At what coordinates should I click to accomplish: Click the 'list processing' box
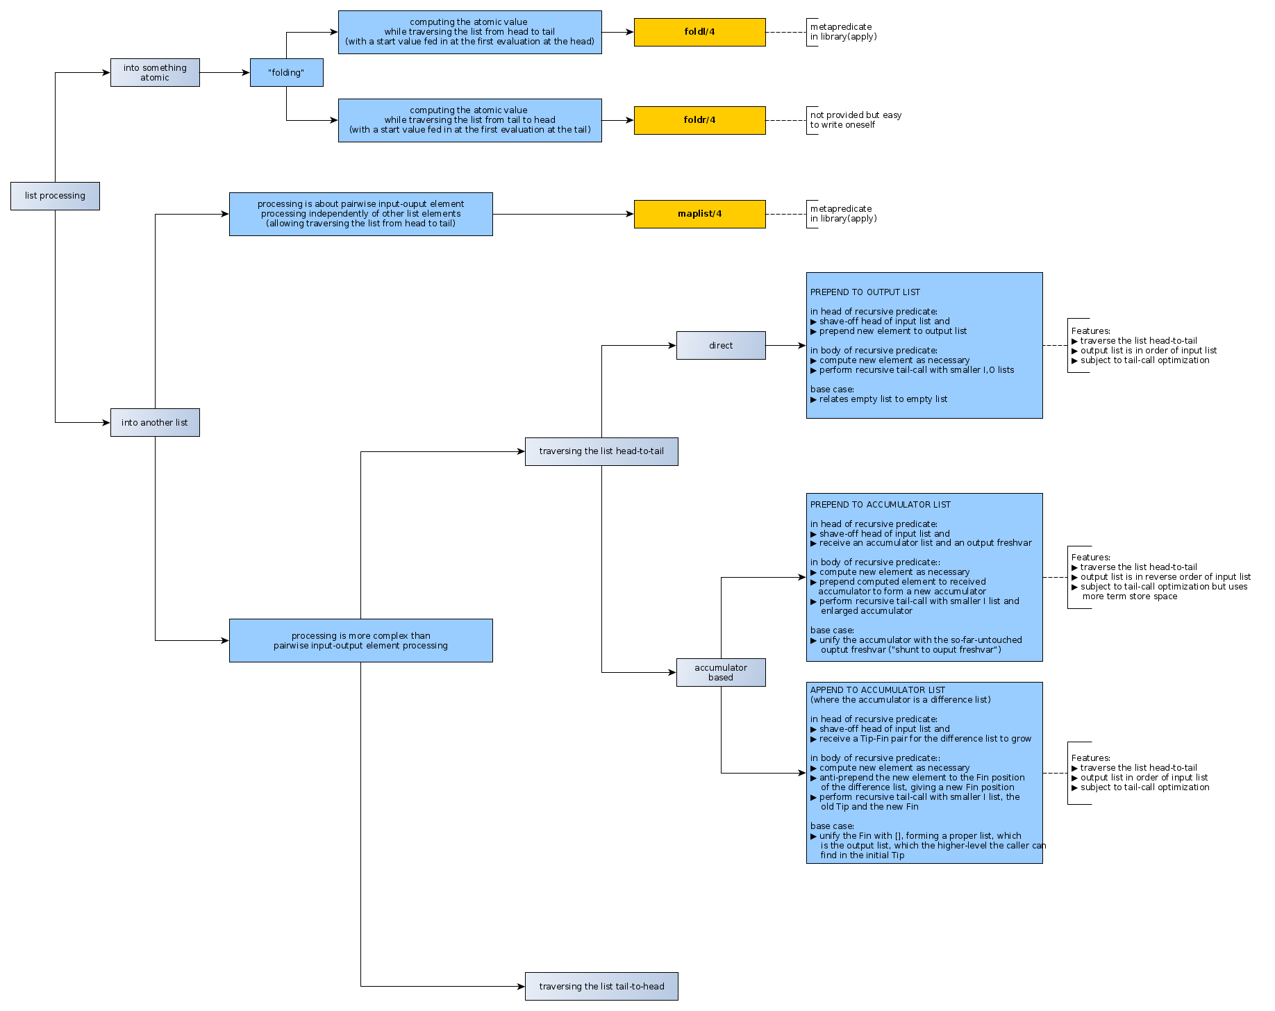click(x=55, y=196)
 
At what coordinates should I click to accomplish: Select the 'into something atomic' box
click(x=155, y=72)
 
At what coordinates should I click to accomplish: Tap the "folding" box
click(x=286, y=72)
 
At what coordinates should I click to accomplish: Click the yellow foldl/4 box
click(x=699, y=32)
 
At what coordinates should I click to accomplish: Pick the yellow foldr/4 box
click(x=699, y=120)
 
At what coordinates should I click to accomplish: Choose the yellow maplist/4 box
click(x=699, y=214)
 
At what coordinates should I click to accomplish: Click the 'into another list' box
click(x=155, y=422)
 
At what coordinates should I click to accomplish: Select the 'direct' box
click(x=721, y=345)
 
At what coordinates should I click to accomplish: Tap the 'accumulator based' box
click(x=721, y=672)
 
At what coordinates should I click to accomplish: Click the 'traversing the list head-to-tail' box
click(x=601, y=451)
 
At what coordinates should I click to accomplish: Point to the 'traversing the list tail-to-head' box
click(x=601, y=986)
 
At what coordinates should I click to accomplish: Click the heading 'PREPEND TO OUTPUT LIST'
click(x=865, y=292)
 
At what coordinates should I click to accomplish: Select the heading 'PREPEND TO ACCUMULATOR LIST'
click(x=880, y=505)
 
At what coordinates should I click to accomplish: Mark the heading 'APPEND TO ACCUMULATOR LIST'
click(x=877, y=690)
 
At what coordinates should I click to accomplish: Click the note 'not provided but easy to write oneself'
click(x=856, y=120)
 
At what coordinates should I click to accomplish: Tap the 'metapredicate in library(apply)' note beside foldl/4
click(x=843, y=32)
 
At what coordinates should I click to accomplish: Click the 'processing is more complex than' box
click(x=360, y=640)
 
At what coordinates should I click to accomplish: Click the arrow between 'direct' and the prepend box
click(x=785, y=345)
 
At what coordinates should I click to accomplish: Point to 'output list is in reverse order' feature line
click(x=1165, y=577)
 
